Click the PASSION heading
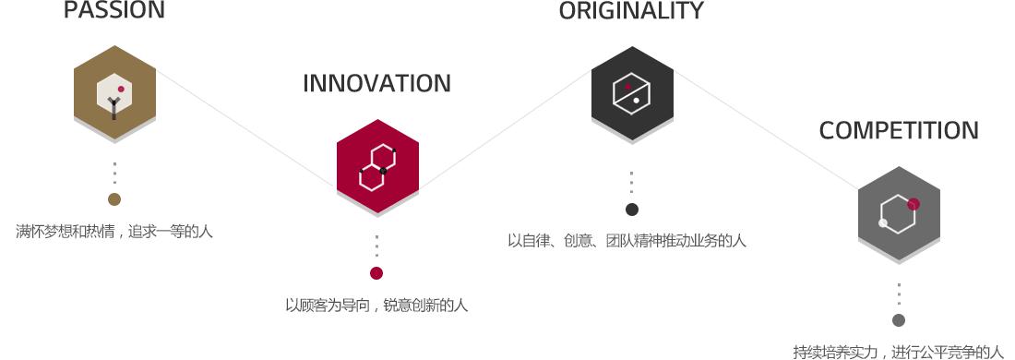(x=114, y=11)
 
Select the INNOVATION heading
(x=376, y=83)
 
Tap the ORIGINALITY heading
(x=631, y=11)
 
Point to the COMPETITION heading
(x=899, y=131)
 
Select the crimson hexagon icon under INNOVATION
(x=377, y=167)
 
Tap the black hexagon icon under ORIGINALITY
(x=632, y=92)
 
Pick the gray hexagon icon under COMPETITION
(x=899, y=212)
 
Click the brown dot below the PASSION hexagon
(x=114, y=199)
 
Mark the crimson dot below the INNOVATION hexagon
(x=376, y=273)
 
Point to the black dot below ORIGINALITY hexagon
(x=632, y=210)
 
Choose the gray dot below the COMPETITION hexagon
(x=899, y=320)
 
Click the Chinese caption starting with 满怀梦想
(x=114, y=232)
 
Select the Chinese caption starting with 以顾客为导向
(x=376, y=306)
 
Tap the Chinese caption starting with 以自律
(x=627, y=242)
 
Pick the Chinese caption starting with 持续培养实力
(x=898, y=352)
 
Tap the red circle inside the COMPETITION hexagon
(x=913, y=204)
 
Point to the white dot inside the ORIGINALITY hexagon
(x=637, y=100)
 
